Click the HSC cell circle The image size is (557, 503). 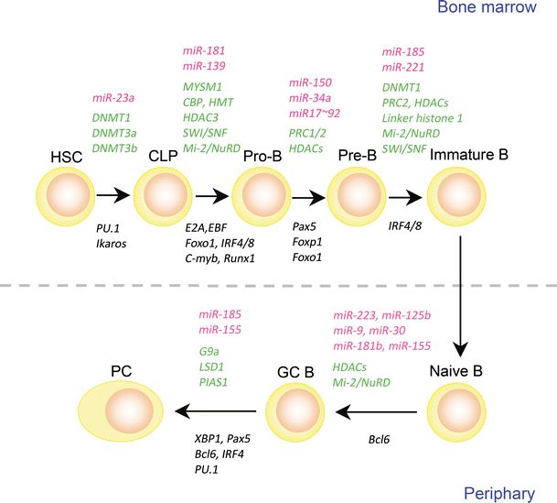64,194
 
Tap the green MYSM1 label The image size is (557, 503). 202,86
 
